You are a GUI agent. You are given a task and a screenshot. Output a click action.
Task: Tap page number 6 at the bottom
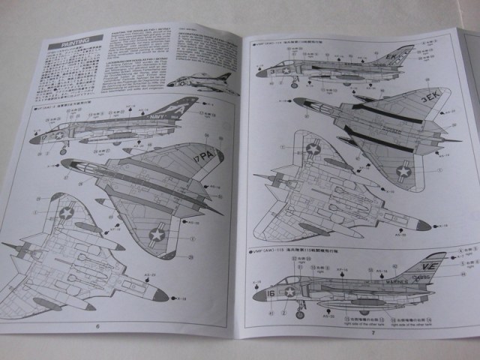[97, 325]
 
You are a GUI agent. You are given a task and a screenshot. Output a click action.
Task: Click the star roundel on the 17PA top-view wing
[156, 235]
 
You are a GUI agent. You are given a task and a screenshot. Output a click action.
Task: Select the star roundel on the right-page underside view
[313, 149]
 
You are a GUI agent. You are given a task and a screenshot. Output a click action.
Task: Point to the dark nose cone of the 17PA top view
[66, 163]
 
